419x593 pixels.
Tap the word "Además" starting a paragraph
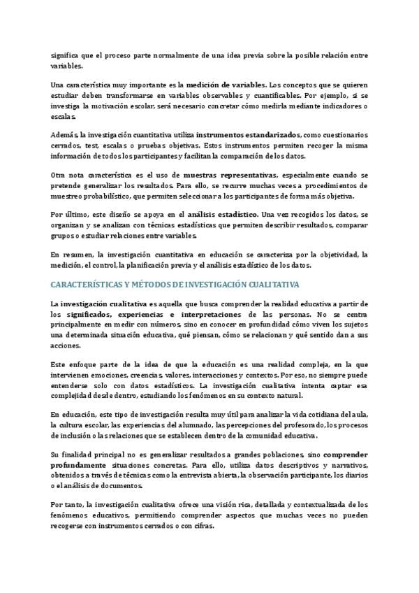pyautogui.click(x=64, y=134)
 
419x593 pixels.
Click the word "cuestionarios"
pyautogui.click(x=344, y=134)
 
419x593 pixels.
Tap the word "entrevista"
pyautogui.click(x=219, y=473)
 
